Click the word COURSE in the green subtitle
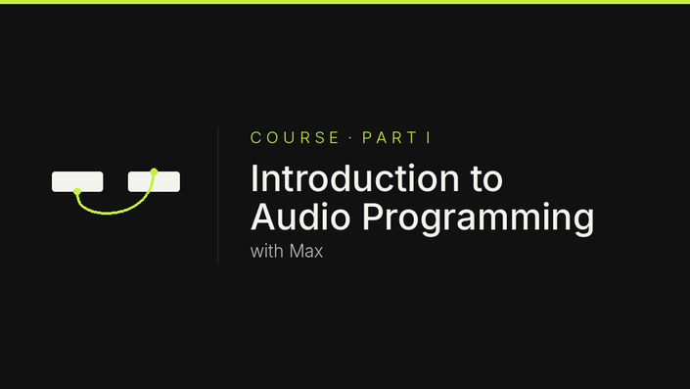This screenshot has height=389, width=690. (x=295, y=137)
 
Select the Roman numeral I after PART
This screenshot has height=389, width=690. (x=429, y=137)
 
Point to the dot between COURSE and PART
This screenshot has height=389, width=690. (x=350, y=137)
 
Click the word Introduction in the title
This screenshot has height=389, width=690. (x=355, y=178)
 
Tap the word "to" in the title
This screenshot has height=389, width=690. (x=486, y=179)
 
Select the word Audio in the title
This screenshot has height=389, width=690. (x=300, y=217)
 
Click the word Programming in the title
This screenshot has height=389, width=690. (x=479, y=219)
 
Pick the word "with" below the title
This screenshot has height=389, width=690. (x=266, y=251)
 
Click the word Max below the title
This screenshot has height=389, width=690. (x=306, y=251)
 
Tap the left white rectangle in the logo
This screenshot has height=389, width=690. (x=77, y=181)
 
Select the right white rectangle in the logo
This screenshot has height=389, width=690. (x=154, y=181)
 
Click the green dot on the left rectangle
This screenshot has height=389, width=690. (x=77, y=191)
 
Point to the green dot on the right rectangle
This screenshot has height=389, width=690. (x=154, y=171)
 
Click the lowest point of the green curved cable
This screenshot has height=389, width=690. (x=107, y=214)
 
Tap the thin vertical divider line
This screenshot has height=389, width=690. (x=218, y=195)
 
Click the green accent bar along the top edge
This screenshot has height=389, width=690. (x=345, y=2)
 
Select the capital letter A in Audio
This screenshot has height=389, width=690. (x=261, y=217)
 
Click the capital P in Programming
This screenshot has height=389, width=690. (x=372, y=217)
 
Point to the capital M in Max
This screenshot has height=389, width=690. (x=297, y=251)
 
